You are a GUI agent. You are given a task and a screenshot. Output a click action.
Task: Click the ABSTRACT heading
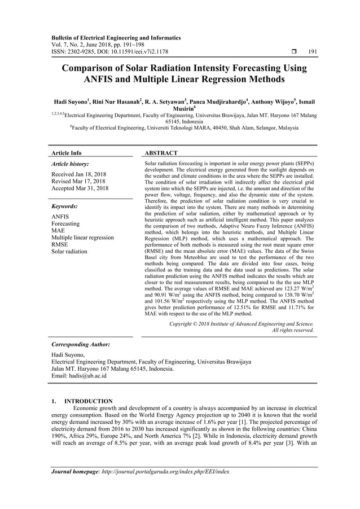coord(161,153)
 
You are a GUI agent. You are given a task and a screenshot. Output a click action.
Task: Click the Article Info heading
coord(67,153)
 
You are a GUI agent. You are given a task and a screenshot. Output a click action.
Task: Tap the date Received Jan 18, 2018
coord(82,174)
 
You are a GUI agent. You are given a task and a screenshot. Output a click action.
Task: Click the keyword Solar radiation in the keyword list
coord(69,252)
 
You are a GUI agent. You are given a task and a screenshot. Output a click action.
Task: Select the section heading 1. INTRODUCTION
coord(82,401)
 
